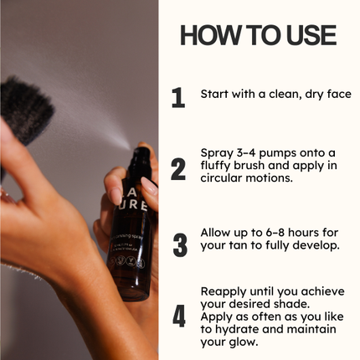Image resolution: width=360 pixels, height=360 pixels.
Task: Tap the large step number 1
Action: [x=178, y=98]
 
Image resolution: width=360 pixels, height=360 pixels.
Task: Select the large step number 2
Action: [x=178, y=168]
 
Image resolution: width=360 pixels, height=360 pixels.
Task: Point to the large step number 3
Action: [x=179, y=244]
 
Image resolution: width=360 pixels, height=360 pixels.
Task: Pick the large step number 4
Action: [x=179, y=316]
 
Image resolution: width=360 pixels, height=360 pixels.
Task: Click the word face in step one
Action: [x=337, y=94]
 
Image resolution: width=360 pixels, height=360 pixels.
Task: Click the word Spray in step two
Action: [x=216, y=152]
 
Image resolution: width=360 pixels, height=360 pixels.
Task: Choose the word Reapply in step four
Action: [x=224, y=291]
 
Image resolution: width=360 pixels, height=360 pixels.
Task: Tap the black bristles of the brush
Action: [x=25, y=105]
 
